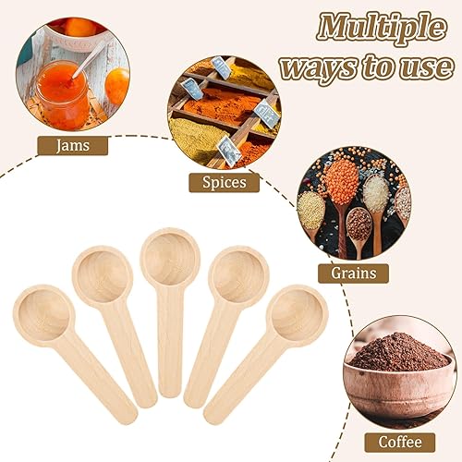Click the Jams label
[x=73, y=146]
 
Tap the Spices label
[x=225, y=182]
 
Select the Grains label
[x=353, y=274]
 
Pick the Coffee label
[x=400, y=443]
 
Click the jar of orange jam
[x=62, y=94]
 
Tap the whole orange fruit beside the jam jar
[x=117, y=85]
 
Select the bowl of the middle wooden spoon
[x=170, y=258]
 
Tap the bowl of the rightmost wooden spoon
[x=297, y=315]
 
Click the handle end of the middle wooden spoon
[x=169, y=391]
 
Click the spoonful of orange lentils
[x=342, y=181]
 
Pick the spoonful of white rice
[x=376, y=193]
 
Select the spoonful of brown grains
[x=359, y=224]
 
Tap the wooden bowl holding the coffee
[x=400, y=391]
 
